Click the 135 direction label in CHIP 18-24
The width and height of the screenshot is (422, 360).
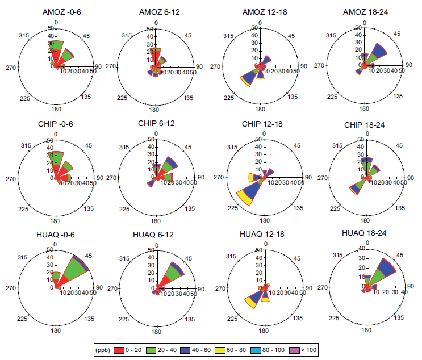[399, 208]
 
